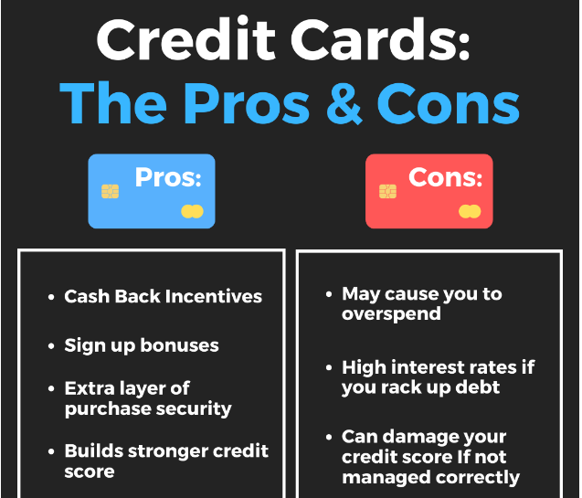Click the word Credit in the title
pos(186,38)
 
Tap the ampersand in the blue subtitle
pos(344,103)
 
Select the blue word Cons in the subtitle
pos(448,103)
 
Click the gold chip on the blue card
pos(111,192)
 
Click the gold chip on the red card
pos(388,192)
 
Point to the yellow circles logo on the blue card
pos(192,211)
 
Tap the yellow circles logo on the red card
pos(470,211)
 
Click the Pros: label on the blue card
pos(168,177)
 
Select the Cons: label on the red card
pos(446,177)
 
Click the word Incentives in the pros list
pos(214,296)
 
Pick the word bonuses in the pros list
pos(180,345)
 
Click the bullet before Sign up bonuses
pos(51,346)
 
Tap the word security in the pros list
pos(194,409)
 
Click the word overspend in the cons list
pos(392,314)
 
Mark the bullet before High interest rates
pos(329,367)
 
